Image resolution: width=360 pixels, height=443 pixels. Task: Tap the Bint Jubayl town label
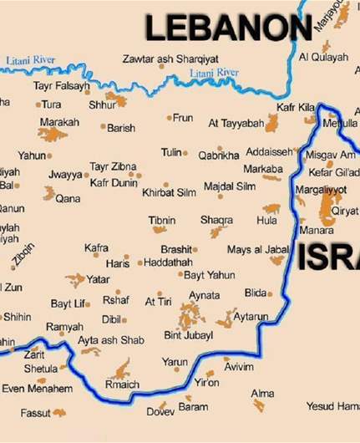188,335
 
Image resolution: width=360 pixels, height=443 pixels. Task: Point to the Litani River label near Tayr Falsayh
31,60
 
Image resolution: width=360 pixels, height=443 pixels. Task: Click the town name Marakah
59,122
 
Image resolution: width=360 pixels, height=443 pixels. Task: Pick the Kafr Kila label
296,109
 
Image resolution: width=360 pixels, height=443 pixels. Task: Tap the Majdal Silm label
230,186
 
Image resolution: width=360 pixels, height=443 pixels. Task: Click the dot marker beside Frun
170,118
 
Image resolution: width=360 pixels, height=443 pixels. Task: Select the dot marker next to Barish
104,127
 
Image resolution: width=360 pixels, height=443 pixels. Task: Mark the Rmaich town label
121,384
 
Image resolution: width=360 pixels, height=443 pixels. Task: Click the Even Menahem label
37,389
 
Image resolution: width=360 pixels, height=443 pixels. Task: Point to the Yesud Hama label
332,406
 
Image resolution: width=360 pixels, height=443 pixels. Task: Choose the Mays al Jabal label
257,249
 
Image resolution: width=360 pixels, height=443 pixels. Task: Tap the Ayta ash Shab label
110,340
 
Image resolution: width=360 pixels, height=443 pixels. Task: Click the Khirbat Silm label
169,192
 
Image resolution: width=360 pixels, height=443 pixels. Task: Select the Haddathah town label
168,262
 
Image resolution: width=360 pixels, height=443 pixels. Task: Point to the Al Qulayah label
323,57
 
